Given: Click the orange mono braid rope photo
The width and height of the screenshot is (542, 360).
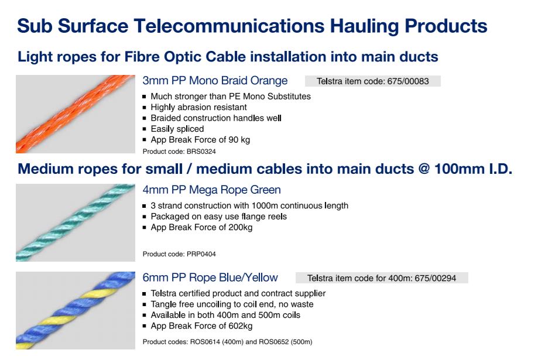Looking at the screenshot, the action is pos(76,114).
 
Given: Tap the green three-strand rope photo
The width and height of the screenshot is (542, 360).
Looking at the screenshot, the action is pos(76,222).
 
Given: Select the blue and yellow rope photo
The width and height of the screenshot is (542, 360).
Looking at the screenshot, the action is pos(76,310).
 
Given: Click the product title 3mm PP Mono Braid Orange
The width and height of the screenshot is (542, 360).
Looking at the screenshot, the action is pos(215,81).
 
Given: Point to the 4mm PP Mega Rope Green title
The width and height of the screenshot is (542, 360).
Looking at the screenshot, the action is pos(211,190).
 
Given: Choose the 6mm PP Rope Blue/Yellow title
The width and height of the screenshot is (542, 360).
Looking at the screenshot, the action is pos(210,277).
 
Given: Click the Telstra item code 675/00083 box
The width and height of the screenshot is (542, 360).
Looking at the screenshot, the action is pos(373,81).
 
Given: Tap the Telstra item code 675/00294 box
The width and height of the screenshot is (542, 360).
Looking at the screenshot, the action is pos(382,278).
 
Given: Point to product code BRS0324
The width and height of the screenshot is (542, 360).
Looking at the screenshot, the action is pos(201,152).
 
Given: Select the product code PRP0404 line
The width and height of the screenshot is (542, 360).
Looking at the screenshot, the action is pos(179,254).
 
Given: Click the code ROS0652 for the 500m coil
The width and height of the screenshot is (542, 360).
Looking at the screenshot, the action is pos(274,342).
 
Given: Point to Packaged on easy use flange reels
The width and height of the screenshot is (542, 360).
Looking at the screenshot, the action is pos(219,217).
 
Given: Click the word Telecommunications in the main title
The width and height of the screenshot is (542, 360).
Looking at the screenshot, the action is pos(229,26).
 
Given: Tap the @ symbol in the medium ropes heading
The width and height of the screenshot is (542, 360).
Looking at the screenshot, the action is pos(424,169).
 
